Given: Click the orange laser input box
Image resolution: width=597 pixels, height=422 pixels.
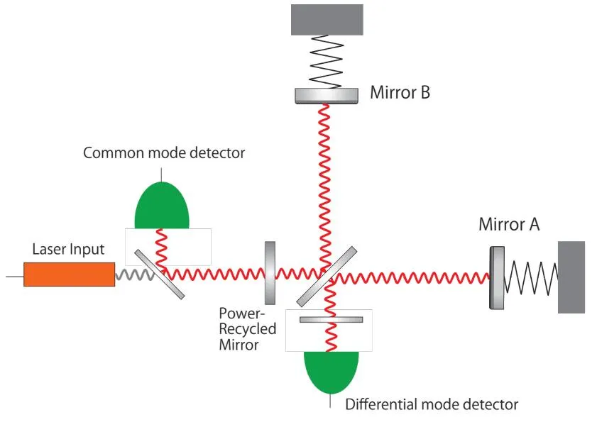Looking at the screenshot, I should pyautogui.click(x=69, y=274).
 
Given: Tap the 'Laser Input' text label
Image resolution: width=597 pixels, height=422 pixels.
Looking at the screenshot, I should pyautogui.click(x=68, y=250).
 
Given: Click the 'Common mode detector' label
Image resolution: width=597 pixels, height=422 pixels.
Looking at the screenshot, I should pyautogui.click(x=163, y=152).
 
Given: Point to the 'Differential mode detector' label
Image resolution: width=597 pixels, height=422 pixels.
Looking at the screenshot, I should pyautogui.click(x=432, y=404).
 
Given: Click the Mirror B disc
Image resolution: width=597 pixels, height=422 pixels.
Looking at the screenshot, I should pyautogui.click(x=327, y=95).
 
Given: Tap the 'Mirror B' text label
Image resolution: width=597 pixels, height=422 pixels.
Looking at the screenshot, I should pyautogui.click(x=400, y=92).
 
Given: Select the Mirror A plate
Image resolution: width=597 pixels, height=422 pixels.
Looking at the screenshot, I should pyautogui.click(x=495, y=277).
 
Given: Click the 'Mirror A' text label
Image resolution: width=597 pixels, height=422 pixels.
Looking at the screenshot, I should pyautogui.click(x=509, y=225).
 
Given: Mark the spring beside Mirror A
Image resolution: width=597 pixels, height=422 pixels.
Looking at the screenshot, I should pyautogui.click(x=530, y=277).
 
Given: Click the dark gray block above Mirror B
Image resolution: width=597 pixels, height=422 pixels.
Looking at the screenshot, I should pyautogui.click(x=327, y=20).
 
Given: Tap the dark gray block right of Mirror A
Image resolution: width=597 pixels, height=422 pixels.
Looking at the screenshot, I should pyautogui.click(x=571, y=277).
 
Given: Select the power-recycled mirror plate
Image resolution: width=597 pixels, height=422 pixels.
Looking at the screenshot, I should pyautogui.click(x=270, y=272).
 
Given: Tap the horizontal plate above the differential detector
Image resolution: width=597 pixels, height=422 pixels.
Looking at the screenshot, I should pyautogui.click(x=331, y=320).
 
